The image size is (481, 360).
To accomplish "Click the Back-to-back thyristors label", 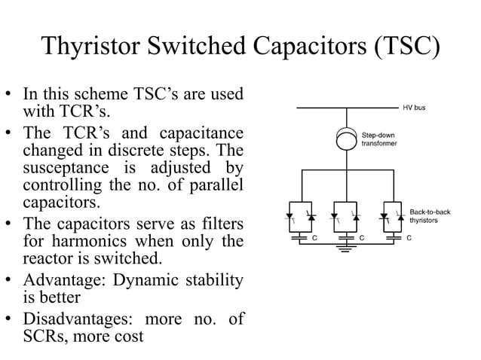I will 430,216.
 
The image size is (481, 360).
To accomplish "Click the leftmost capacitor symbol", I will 301,238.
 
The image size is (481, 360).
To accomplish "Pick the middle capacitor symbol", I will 346,238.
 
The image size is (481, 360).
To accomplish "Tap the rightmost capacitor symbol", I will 391,238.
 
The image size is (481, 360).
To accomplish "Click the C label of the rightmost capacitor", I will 408,238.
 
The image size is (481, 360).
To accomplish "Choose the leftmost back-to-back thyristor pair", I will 301,218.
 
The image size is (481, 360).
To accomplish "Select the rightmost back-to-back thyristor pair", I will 391,218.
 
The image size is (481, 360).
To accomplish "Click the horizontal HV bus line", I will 346,108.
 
